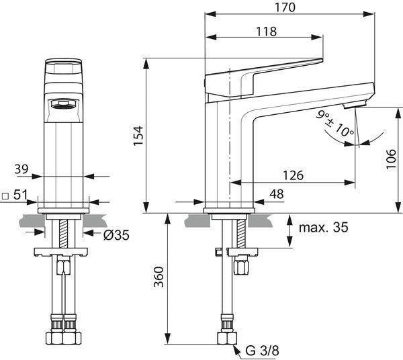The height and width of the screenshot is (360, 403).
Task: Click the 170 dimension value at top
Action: pos(285,7)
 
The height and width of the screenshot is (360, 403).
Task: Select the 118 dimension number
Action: pos(266,32)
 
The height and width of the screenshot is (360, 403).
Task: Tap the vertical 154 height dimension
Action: pos(138,136)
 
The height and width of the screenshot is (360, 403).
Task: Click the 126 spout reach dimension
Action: pos(293,175)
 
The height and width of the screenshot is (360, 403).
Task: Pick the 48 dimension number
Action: pos(277,194)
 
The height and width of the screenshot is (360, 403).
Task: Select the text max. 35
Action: pos(324,227)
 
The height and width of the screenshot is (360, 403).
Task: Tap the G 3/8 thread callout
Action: pos(262,351)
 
